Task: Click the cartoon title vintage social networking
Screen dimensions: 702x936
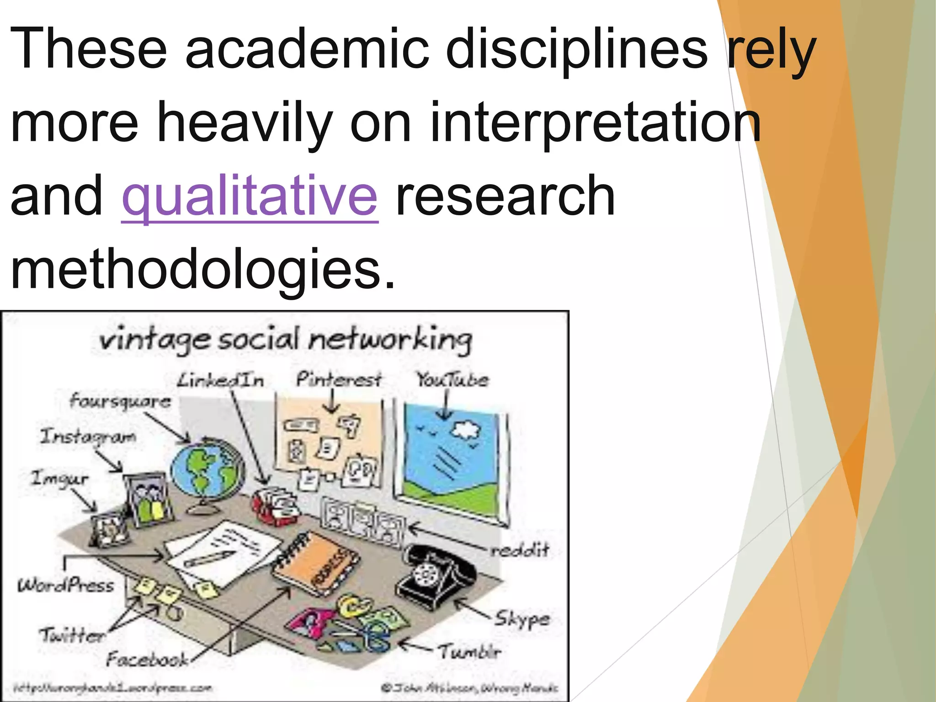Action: tap(286, 340)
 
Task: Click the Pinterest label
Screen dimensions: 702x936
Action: tap(338, 379)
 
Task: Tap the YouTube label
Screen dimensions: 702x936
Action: tap(452, 379)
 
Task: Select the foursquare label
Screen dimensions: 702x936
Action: tap(120, 401)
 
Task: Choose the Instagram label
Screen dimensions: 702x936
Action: tap(88, 436)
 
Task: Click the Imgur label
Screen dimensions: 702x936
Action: tap(59, 479)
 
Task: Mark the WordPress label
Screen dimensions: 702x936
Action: tap(66, 585)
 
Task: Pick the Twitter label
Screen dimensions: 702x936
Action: tap(72, 635)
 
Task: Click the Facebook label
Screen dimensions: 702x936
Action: tap(147, 659)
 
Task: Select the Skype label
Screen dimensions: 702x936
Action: tap(522, 619)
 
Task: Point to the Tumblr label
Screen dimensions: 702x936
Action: tap(470, 652)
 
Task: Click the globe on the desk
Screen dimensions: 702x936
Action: tap(208, 471)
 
